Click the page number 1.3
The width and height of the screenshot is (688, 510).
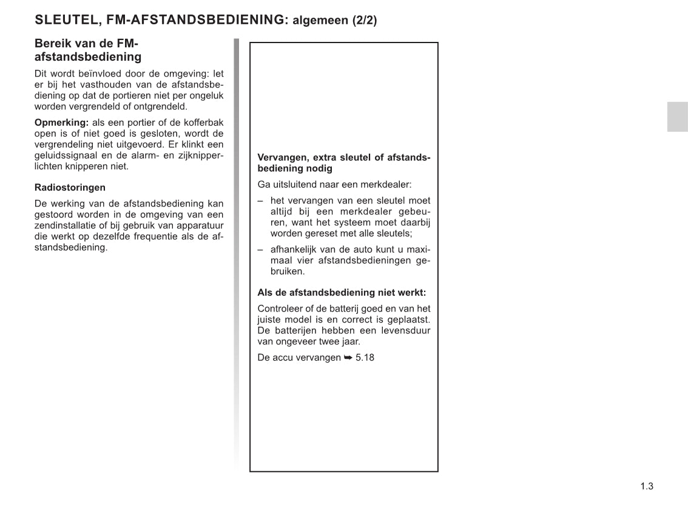(646, 486)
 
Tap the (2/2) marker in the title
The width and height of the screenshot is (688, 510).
(363, 20)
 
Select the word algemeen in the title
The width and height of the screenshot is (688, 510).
(320, 21)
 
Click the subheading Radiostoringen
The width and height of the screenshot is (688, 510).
(70, 188)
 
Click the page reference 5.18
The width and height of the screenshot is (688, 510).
(365, 358)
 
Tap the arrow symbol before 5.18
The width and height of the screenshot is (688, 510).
(348, 358)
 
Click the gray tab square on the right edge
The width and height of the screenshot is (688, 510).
(677, 117)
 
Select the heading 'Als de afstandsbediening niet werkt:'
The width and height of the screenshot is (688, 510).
(342, 293)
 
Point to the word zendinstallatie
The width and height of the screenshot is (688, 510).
(62, 226)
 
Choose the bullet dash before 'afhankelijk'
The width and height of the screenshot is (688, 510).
(260, 250)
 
